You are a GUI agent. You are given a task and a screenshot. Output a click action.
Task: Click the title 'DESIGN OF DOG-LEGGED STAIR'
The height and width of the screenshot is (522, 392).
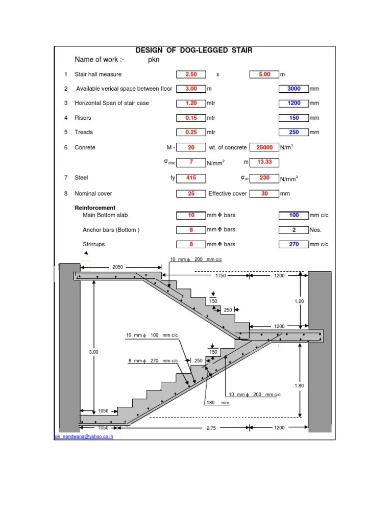pyautogui.click(x=193, y=50)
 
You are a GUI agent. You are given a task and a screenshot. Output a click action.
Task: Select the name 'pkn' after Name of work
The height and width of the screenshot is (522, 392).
pyautogui.click(x=154, y=60)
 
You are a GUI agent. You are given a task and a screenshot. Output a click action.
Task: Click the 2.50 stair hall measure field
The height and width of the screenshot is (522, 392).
pyautogui.click(x=191, y=74)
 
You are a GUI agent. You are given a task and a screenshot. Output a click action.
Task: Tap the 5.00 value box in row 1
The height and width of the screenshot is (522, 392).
pyautogui.click(x=264, y=74)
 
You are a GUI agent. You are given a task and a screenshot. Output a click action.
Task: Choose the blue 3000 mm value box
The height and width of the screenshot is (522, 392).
pyautogui.click(x=294, y=89)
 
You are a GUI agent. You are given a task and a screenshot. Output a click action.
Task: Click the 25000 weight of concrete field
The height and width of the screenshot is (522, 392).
pyautogui.click(x=264, y=147)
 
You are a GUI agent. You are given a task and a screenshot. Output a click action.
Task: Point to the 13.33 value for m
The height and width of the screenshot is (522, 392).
pyautogui.click(x=264, y=162)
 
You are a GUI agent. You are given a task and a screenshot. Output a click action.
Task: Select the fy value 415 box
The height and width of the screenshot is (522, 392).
pyautogui.click(x=191, y=178)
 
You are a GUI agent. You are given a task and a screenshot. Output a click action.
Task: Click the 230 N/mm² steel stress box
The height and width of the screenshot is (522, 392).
pyautogui.click(x=264, y=178)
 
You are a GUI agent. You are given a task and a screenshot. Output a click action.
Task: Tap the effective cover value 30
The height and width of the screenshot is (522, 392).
pyautogui.click(x=264, y=194)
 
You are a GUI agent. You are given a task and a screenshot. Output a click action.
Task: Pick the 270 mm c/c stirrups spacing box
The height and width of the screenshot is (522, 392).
pyautogui.click(x=294, y=244)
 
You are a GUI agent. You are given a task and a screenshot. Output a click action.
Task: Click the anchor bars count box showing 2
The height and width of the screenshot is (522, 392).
pyautogui.click(x=294, y=230)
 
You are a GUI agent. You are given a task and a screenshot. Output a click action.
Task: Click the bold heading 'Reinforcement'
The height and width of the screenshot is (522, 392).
pyautogui.click(x=95, y=208)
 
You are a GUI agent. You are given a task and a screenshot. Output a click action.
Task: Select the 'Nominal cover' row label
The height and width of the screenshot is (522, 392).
pyautogui.click(x=93, y=194)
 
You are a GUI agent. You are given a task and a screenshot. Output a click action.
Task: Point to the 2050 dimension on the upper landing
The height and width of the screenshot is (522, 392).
pyautogui.click(x=118, y=267)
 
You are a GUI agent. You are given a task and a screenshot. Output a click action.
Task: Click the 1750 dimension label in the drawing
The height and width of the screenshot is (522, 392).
pyautogui.click(x=220, y=276)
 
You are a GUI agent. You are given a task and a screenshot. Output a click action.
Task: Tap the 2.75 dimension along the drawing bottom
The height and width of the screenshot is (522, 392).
pyautogui.click(x=211, y=428)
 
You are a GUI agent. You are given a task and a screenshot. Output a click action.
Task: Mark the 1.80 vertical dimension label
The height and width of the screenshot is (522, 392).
pyautogui.click(x=299, y=386)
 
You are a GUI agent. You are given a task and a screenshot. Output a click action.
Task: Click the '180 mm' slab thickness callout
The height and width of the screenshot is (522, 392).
pyautogui.click(x=217, y=403)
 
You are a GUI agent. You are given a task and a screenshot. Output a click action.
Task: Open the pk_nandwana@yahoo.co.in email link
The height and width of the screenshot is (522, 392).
pyautogui.click(x=84, y=437)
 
